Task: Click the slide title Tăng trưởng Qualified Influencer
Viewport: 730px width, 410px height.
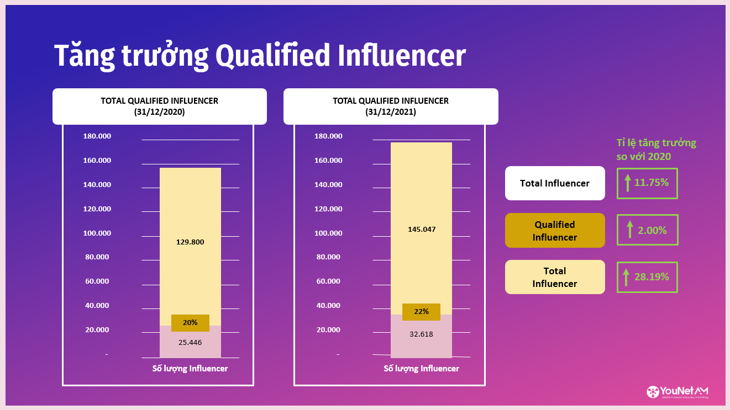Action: point(260,56)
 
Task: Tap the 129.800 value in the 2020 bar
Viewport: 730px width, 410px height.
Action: point(190,242)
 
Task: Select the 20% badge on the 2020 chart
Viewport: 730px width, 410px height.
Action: point(190,323)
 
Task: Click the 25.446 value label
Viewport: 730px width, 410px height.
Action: point(190,342)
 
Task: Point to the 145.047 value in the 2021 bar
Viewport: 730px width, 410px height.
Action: point(421,229)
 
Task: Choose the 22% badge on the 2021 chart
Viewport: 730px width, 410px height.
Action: point(421,312)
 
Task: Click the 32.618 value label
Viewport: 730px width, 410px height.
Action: point(421,334)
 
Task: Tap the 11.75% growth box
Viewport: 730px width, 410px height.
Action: point(647,183)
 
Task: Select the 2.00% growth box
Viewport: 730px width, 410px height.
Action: point(647,230)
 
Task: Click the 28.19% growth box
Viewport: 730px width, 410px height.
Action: point(647,277)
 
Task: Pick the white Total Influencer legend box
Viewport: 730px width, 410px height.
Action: point(555,183)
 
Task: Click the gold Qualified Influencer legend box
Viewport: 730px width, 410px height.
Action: point(555,231)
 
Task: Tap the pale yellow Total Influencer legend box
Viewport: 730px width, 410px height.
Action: point(555,277)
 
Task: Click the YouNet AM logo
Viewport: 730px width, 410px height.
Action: point(678,392)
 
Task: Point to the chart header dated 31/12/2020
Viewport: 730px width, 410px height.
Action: point(159,107)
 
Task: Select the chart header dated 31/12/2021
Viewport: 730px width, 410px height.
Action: point(391,107)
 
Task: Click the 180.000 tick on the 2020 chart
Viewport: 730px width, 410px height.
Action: point(97,136)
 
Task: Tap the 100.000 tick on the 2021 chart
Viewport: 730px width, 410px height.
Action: point(328,233)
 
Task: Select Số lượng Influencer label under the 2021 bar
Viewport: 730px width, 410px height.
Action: point(421,369)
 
